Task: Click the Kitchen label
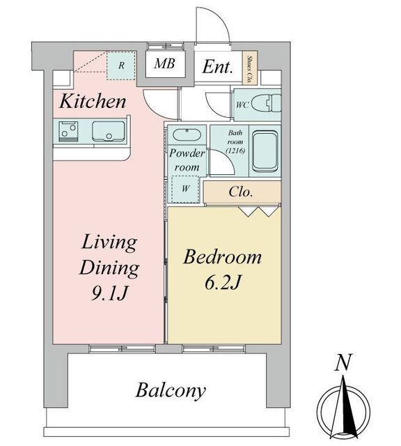coord(93,101)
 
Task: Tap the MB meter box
coord(164,63)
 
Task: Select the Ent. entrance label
coord(217,67)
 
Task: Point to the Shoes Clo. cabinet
coord(250,68)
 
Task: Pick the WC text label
coord(242,105)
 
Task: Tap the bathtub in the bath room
coord(265,151)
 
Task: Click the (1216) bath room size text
coord(235,151)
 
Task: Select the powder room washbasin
coord(187,134)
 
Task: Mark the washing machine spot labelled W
coord(185,189)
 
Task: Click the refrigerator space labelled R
coord(121,66)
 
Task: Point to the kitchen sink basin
coord(109,131)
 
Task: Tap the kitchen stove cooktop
coord(68,131)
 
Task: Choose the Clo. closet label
coord(240,192)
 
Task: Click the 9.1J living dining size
coord(109,293)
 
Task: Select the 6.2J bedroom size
coord(223,283)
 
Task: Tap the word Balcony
coord(171,390)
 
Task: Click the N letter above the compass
coord(343,362)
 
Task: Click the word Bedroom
coord(222,257)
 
